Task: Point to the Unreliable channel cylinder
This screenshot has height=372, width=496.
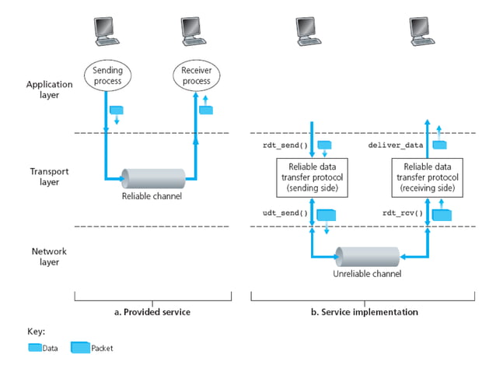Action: [x=368, y=257]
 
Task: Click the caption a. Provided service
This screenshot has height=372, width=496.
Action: [x=152, y=311]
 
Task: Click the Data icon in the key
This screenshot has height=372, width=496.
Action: [x=34, y=348]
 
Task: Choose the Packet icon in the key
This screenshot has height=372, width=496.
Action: [x=80, y=347]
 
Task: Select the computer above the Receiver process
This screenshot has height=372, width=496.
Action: [x=194, y=30]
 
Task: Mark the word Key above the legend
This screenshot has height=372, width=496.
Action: [x=36, y=331]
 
